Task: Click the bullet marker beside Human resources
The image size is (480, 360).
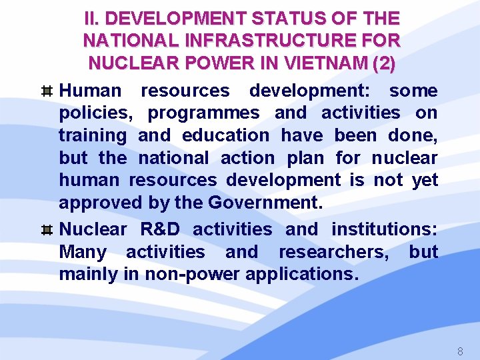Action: point(47,91)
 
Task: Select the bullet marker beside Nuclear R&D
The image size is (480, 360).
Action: point(47,230)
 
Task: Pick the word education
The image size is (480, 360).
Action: point(225,135)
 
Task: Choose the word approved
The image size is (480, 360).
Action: point(100,203)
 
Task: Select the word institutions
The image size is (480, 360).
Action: point(384,229)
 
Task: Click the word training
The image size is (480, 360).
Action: point(92,136)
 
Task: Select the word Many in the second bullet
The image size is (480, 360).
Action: point(83,252)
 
